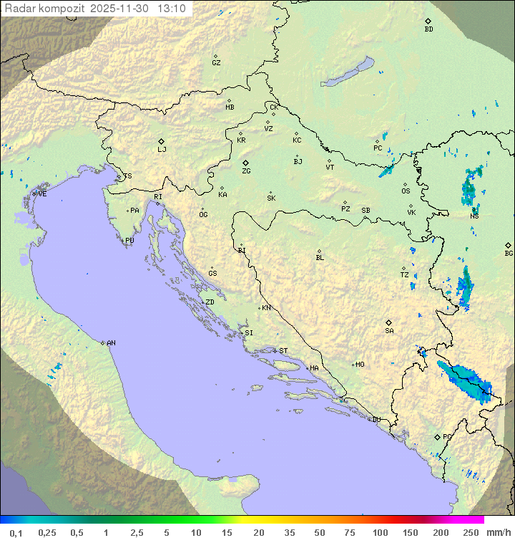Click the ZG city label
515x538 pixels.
tap(246, 172)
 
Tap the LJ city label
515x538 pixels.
tap(162, 150)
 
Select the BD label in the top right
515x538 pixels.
tap(428, 29)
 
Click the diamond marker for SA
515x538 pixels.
tap(388, 322)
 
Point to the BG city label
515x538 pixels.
tap(509, 254)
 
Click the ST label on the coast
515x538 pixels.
tap(283, 351)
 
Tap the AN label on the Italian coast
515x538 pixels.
tap(111, 343)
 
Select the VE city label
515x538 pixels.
tap(42, 194)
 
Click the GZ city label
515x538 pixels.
tap(216, 63)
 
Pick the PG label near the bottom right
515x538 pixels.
tap(447, 436)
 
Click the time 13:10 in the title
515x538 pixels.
tap(172, 9)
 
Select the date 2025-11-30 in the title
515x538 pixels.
tap(121, 9)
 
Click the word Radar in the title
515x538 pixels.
tap(19, 9)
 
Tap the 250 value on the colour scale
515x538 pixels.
tap(471, 532)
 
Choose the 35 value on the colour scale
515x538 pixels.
tap(290, 532)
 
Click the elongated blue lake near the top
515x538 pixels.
tap(348, 72)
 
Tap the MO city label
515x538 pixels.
tap(360, 365)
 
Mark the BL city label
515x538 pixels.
tap(320, 257)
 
